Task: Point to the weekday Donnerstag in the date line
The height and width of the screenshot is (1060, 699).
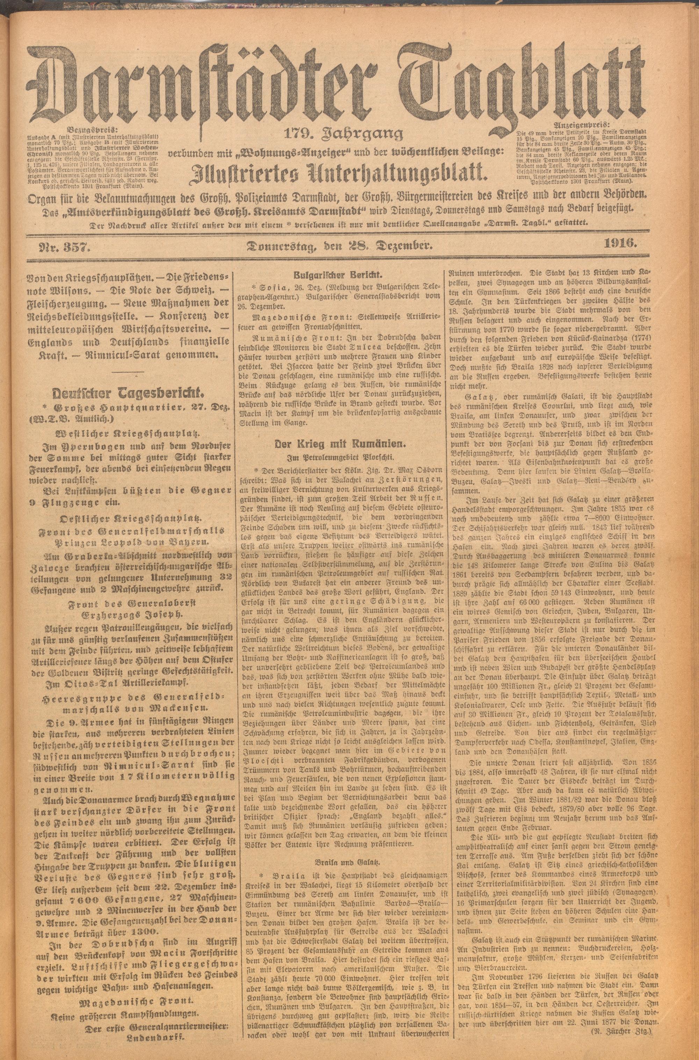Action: pyautogui.click(x=285, y=245)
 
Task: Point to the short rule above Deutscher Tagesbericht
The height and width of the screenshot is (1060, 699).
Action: pyautogui.click(x=128, y=372)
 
